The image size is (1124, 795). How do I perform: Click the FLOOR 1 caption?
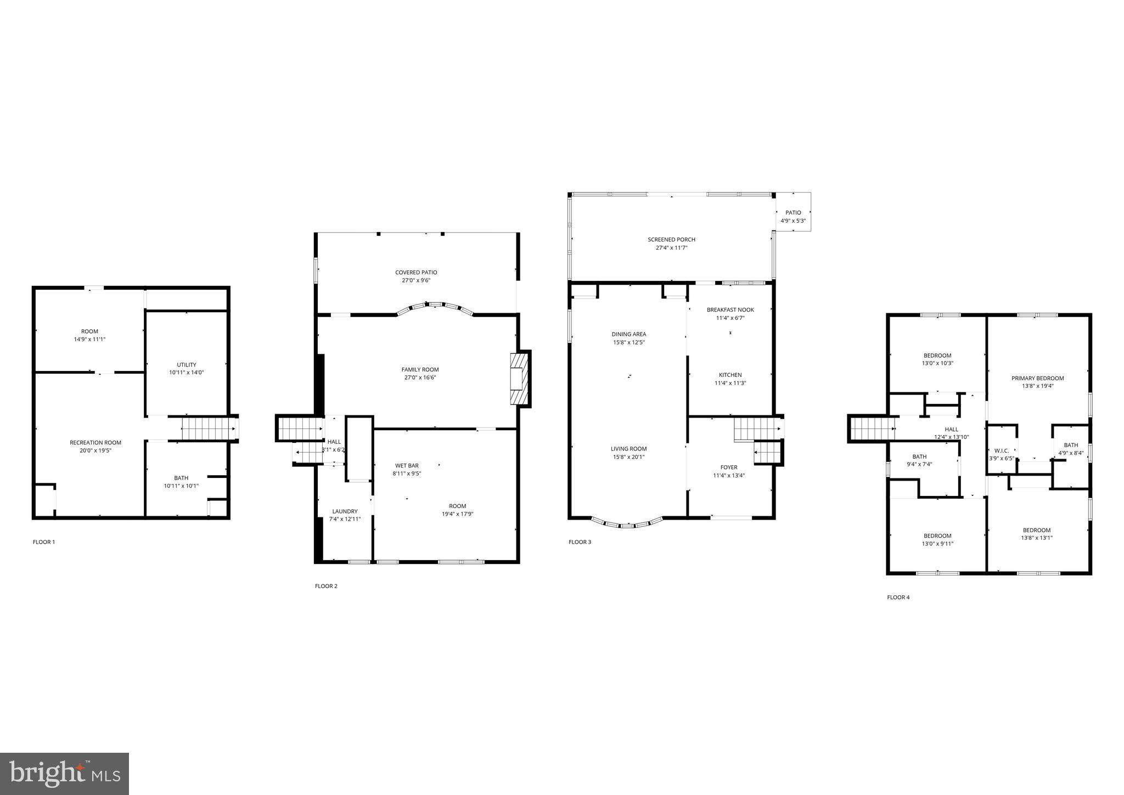[44, 542]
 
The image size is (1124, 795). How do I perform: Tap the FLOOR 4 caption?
[898, 597]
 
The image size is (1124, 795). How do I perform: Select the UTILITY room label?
[187, 365]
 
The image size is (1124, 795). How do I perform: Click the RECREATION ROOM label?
[95, 443]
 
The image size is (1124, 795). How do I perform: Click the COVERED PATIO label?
[416, 273]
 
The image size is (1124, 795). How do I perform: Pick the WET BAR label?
[407, 466]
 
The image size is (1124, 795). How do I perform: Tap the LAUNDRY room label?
[345, 511]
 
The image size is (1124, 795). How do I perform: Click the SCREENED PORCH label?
[671, 240]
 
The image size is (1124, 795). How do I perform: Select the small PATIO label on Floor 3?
[793, 213]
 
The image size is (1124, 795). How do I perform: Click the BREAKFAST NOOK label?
[730, 310]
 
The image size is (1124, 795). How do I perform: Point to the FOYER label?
[729, 467]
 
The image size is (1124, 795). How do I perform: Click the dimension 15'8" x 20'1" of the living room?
[629, 457]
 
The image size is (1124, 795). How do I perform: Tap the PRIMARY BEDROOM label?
[1037, 378]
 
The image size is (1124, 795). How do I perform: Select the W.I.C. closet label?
[1002, 451]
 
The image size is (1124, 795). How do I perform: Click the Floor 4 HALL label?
[952, 430]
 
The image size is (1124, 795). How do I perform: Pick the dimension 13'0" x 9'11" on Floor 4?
[937, 544]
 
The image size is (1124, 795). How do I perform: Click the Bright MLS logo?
[65, 774]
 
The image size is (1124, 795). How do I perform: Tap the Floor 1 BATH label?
[181, 478]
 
